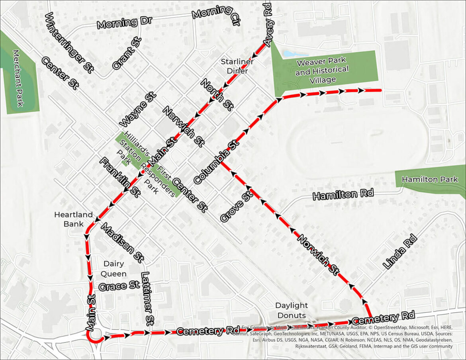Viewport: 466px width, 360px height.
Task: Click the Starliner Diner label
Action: tap(237, 66)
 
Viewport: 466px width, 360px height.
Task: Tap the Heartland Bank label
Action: tap(73, 219)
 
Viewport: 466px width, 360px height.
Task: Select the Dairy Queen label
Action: tap(115, 268)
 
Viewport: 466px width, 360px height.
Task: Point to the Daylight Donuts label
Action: tap(292, 310)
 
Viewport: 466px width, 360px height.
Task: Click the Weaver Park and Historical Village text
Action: tap(321, 70)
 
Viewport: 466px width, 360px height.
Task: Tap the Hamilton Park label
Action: tap(429, 180)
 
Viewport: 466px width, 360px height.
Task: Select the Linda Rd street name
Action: tap(399, 252)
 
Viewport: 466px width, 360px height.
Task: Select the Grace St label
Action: tap(119, 286)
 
